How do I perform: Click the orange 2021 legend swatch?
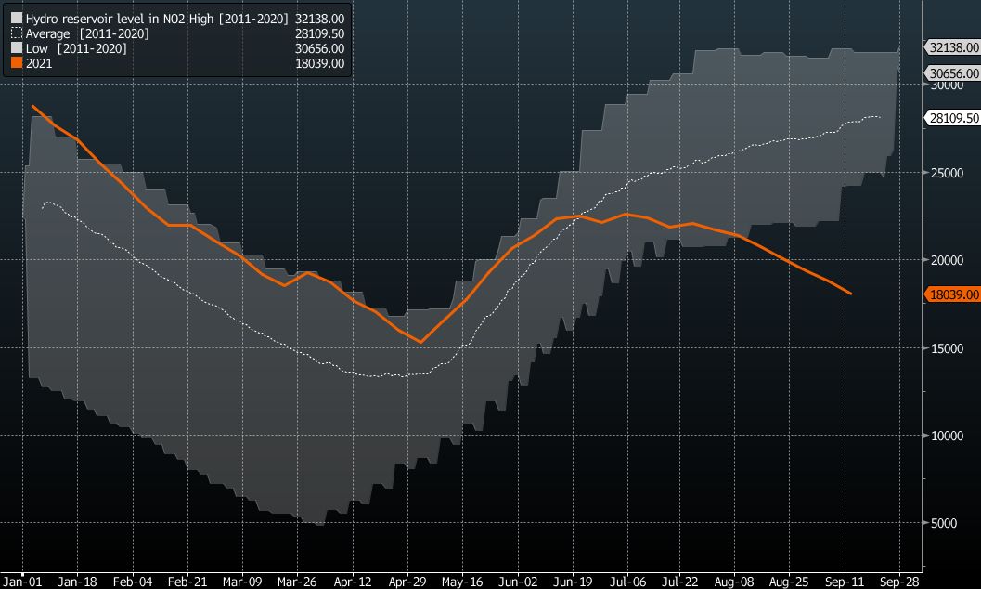pyautogui.click(x=16, y=63)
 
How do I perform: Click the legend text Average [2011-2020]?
pyautogui.click(x=88, y=33)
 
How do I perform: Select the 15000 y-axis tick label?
pyautogui.click(x=944, y=347)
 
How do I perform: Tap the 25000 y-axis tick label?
pyautogui.click(x=944, y=172)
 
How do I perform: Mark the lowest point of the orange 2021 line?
pyautogui.click(x=421, y=342)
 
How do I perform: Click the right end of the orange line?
pyautogui.click(x=851, y=294)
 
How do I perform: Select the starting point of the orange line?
pyautogui.click(x=32, y=106)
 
